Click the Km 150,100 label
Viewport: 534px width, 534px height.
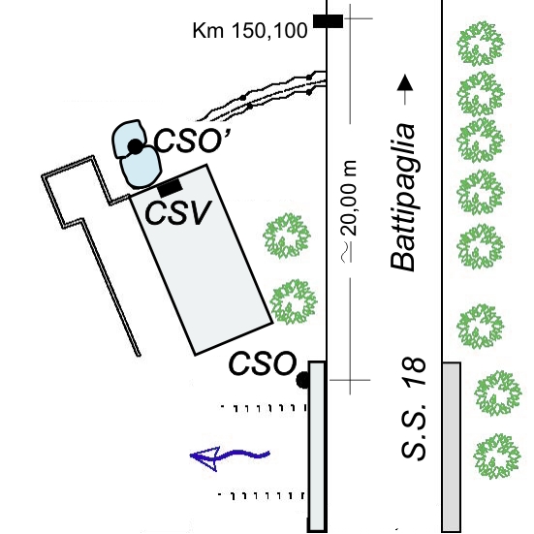(250, 31)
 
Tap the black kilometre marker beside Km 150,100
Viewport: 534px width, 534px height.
(328, 21)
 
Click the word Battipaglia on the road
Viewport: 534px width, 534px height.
(403, 198)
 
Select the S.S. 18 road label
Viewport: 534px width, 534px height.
(414, 409)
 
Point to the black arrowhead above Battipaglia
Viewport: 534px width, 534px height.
(405, 82)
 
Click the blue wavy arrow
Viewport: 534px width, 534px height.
(230, 456)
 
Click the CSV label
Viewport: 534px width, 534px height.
(178, 213)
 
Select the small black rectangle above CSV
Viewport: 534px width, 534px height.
(170, 187)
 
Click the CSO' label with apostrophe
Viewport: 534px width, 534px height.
(194, 141)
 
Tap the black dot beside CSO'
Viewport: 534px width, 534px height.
(136, 146)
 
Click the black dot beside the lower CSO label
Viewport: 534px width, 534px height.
(302, 380)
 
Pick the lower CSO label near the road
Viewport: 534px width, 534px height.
(263, 363)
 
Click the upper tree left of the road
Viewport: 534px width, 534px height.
(287, 236)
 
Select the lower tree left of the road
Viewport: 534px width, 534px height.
(294, 301)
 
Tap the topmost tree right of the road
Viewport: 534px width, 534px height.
(480, 44)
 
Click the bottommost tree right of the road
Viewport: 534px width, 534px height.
(497, 455)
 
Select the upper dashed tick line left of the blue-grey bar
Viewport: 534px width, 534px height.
(263, 407)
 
